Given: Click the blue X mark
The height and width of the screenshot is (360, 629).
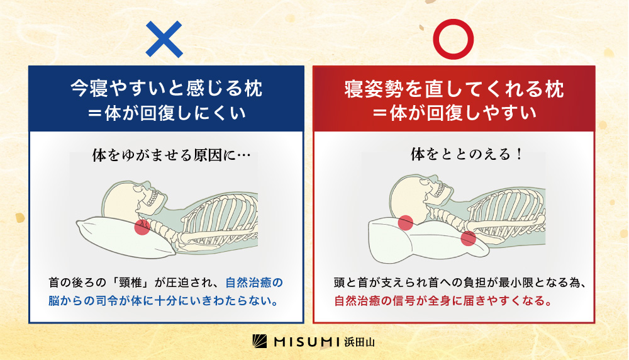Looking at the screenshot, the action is click(164, 39).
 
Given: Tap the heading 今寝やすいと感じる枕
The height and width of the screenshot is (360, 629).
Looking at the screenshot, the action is click(167, 88).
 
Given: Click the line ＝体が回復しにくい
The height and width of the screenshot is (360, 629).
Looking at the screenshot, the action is click(167, 113).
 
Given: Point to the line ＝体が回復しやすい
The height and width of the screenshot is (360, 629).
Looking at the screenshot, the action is click(454, 113).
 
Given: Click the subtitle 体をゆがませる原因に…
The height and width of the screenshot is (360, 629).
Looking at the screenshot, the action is click(171, 155).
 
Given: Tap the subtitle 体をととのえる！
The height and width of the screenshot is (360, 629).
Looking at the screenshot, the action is click(467, 154).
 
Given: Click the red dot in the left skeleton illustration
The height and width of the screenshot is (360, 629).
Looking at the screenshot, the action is click(142, 227).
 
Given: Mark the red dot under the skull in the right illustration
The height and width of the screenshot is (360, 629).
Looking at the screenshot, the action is click(406, 223).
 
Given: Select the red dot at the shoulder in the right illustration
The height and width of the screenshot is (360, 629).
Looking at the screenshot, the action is click(468, 238).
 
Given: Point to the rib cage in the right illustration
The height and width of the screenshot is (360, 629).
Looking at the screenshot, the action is click(508, 213).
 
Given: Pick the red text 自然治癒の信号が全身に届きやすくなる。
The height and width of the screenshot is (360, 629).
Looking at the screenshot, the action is click(443, 301).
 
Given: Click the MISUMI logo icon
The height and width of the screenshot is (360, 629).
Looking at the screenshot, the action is click(260, 341).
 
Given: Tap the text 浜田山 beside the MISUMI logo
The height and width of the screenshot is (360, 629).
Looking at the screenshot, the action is click(359, 342).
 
